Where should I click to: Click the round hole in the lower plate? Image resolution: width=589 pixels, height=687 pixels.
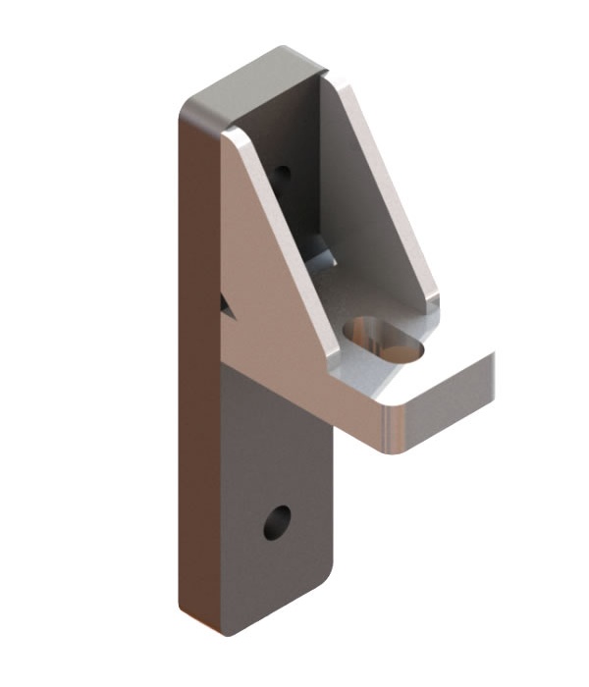(277, 522)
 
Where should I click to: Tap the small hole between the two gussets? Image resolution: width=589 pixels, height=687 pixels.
(283, 174)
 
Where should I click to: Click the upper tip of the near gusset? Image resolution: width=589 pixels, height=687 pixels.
(232, 135)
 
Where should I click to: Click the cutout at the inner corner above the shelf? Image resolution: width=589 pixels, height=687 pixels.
(322, 257)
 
